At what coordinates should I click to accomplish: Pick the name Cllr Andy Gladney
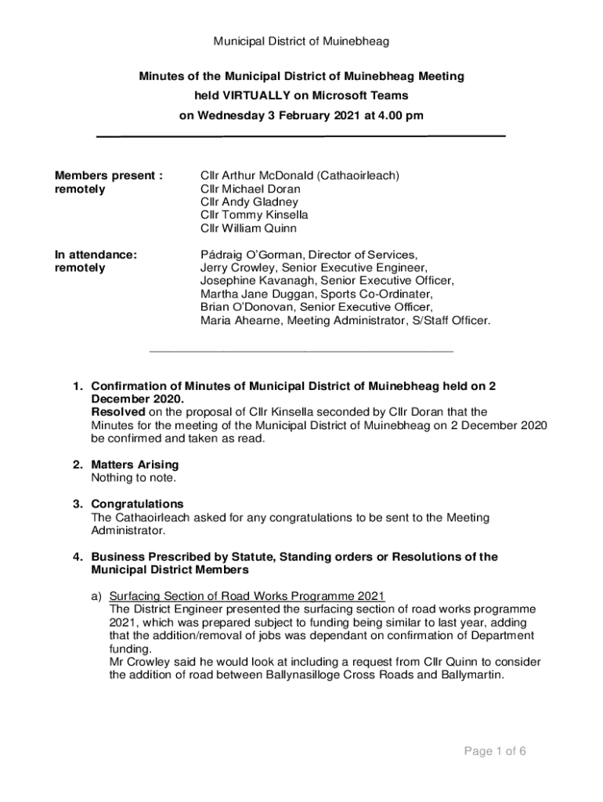(249, 202)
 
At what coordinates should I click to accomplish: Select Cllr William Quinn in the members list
(248, 229)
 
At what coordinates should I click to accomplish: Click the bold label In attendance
(96, 255)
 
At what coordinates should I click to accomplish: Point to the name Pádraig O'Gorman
(251, 255)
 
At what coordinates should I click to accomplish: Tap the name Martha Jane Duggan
(251, 294)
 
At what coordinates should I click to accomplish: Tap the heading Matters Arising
(135, 464)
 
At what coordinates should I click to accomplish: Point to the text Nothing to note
(134, 478)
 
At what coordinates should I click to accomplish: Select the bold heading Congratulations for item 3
(137, 504)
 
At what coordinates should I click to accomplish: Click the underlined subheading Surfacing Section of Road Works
(247, 596)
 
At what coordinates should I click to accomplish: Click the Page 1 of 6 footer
(495, 752)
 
